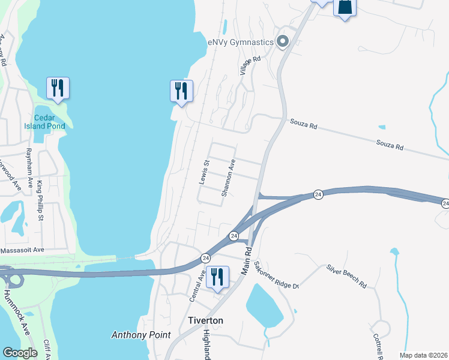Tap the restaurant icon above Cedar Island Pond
click(58, 88)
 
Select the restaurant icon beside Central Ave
click(217, 277)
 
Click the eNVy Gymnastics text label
click(240, 42)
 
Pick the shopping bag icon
click(345, 7)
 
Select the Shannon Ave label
click(228, 178)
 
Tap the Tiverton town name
click(206, 320)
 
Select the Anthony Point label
click(141, 335)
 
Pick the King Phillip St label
click(40, 200)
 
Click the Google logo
click(20, 353)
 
